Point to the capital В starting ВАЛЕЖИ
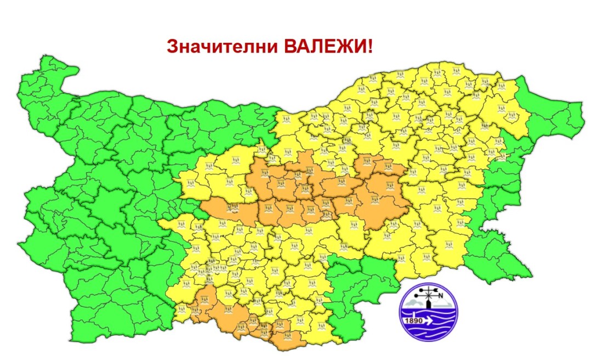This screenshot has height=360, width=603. pyautogui.click(x=289, y=46)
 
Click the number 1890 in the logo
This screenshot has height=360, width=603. pyautogui.click(x=414, y=321)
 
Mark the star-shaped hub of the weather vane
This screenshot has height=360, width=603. pyautogui.click(x=429, y=296)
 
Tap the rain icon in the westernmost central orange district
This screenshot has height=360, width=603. pyautogui.click(x=233, y=207)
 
